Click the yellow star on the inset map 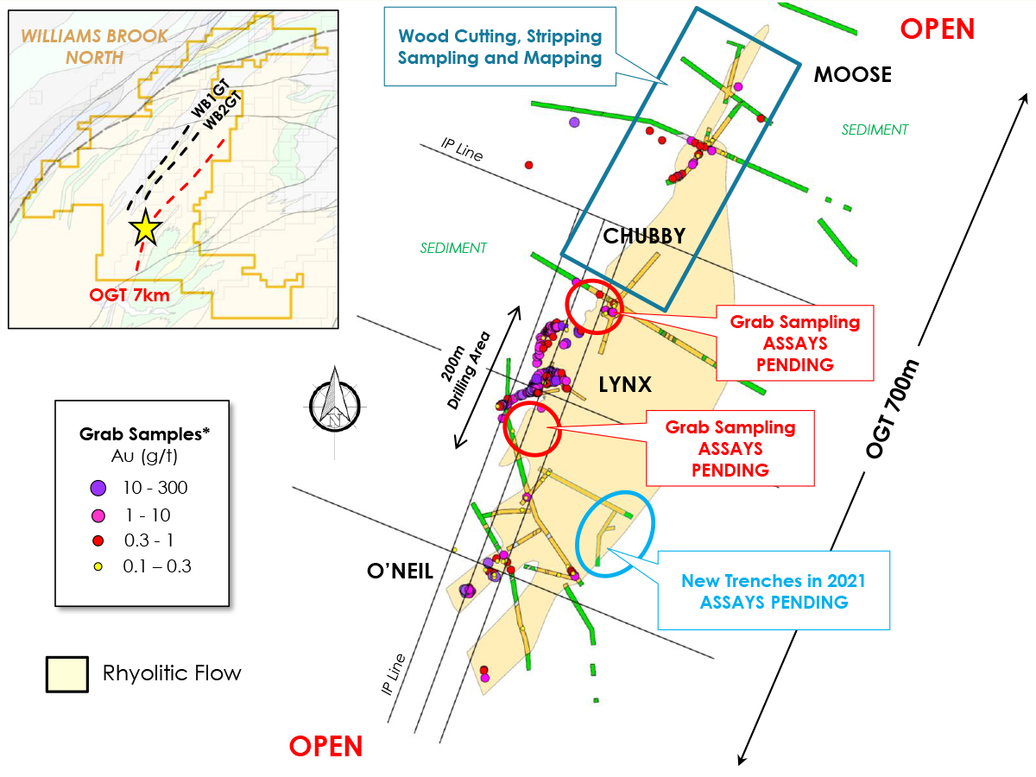point(144,228)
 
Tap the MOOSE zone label point(852,75)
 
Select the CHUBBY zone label point(644,236)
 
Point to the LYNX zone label point(625,385)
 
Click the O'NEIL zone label point(399,572)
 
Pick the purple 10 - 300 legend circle point(98,488)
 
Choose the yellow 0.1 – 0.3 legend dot point(98,567)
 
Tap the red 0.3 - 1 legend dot point(98,541)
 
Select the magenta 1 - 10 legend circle point(98,515)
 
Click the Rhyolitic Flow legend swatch point(66,673)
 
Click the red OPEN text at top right point(937,29)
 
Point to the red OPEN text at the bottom point(325,746)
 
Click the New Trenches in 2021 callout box point(774,591)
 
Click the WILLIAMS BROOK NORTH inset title point(73,47)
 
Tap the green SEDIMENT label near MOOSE point(875,130)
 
